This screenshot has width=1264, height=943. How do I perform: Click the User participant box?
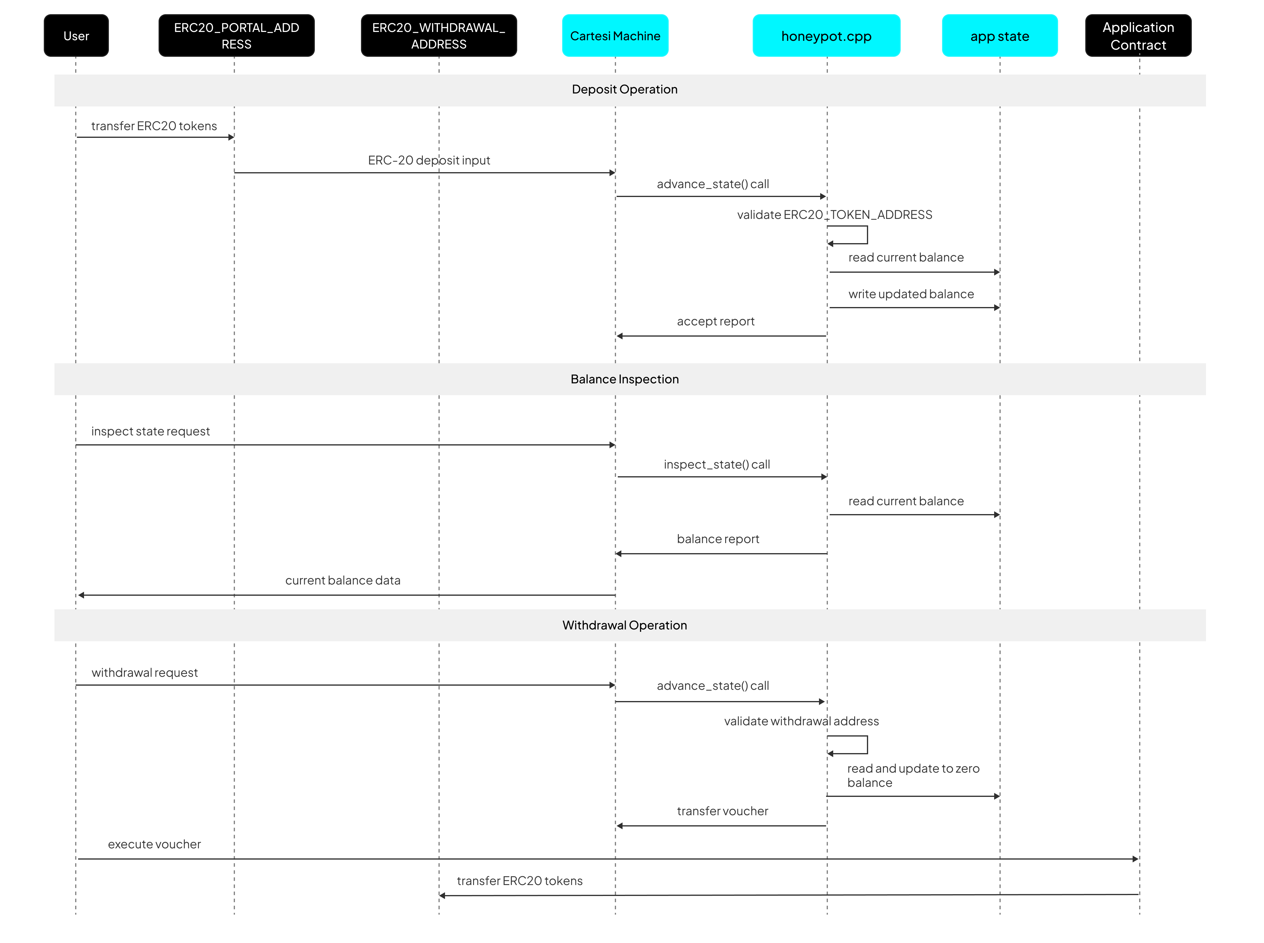point(76,35)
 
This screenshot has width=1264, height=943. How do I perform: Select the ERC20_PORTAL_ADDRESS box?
point(236,35)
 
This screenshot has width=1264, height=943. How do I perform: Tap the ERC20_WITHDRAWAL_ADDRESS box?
point(438,35)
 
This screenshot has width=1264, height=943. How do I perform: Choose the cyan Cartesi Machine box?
point(615,35)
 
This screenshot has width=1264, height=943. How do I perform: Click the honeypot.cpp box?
point(826,35)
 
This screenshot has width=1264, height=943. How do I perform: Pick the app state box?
point(999,35)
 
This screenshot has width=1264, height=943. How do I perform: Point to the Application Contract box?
point(1138,35)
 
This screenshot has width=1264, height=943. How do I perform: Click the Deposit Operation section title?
point(625,89)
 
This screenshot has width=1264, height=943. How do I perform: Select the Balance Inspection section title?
point(625,379)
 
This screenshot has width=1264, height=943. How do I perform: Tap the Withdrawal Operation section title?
point(625,625)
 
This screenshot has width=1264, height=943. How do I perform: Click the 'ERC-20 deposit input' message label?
point(429,160)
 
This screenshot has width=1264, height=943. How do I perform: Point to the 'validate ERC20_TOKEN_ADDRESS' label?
point(834,215)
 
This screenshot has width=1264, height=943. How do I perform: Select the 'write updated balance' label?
point(911,294)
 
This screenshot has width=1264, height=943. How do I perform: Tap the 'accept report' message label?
point(715,321)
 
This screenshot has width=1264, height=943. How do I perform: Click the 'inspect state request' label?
point(150,432)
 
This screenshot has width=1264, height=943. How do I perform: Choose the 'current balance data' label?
point(343,581)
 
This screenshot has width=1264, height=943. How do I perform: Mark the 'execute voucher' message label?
point(154,844)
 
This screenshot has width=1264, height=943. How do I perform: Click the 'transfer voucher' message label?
point(722,811)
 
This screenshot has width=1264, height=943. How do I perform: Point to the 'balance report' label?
point(718,539)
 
